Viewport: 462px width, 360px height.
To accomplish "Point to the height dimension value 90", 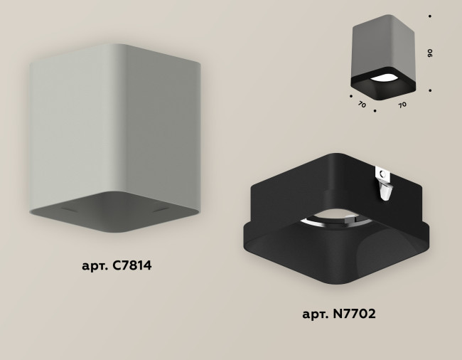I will click(x=431, y=53).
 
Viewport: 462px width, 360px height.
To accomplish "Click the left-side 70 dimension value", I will click(x=362, y=104).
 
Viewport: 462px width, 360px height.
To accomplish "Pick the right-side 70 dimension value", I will click(x=402, y=104).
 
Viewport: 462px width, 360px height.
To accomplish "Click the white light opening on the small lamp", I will click(x=385, y=78).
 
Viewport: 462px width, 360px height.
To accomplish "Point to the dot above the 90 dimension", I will click(x=430, y=15).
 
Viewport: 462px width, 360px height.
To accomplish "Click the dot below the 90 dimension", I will click(x=430, y=90).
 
